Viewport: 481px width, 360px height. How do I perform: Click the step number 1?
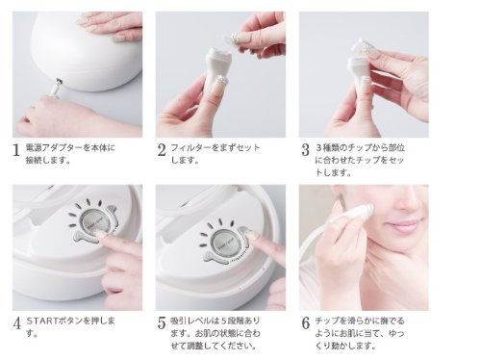(16, 150)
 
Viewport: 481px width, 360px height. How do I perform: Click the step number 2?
(162, 150)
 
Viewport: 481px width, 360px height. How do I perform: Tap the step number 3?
(305, 150)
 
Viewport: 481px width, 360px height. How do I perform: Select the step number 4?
(16, 323)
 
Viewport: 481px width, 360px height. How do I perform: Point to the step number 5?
(162, 323)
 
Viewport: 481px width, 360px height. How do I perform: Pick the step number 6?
(306, 323)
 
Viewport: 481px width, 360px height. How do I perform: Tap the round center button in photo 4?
(93, 224)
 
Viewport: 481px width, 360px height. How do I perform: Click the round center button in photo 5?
(224, 244)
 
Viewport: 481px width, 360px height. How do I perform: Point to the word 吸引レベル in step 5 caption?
(190, 321)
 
